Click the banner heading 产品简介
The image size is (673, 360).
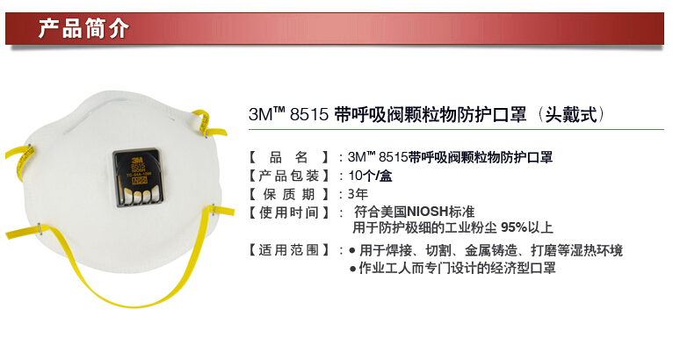[x=83, y=29]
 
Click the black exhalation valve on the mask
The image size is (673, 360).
[x=138, y=177]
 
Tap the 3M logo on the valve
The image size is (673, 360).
[x=137, y=160]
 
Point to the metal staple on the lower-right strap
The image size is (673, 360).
[x=213, y=210]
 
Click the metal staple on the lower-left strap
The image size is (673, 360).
[x=40, y=228]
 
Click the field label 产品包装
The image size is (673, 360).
[x=288, y=176]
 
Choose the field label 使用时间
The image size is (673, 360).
[x=288, y=212]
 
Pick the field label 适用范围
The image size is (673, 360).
[x=288, y=249]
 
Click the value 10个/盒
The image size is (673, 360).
[x=370, y=176]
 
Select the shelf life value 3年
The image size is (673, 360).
[x=358, y=194]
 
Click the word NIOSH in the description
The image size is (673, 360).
[x=428, y=212]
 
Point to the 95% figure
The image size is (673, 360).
[x=514, y=227]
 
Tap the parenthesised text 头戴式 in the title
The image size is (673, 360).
[x=571, y=114]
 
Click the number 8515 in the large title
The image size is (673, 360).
[x=309, y=114]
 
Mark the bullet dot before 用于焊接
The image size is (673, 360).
[x=352, y=250]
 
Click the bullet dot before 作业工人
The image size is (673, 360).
[x=352, y=269]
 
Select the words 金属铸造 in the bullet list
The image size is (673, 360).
[x=491, y=249]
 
